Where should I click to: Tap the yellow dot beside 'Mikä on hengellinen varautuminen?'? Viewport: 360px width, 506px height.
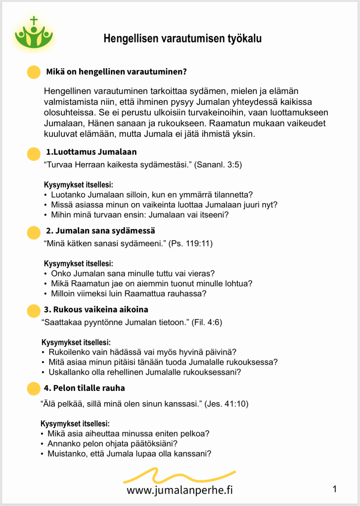[x=33, y=72]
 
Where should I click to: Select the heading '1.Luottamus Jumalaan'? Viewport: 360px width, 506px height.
[x=91, y=152]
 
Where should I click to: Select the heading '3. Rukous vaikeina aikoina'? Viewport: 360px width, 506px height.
[x=96, y=309]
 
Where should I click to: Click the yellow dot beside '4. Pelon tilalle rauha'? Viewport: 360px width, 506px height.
[x=33, y=388]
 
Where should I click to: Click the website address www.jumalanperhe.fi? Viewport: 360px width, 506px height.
[x=180, y=490]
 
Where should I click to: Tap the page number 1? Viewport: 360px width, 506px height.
[x=335, y=489]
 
